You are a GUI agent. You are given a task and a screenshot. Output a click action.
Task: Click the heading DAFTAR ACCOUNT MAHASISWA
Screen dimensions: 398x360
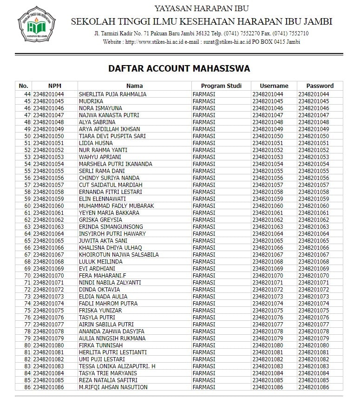(179, 69)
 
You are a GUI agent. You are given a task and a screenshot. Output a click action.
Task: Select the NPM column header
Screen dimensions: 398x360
(54, 86)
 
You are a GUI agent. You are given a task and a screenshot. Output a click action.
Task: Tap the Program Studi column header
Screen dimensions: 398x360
(221, 86)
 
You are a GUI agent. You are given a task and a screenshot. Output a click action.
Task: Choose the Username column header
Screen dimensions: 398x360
(274, 86)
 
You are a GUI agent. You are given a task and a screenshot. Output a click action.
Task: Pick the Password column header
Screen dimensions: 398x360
(320, 86)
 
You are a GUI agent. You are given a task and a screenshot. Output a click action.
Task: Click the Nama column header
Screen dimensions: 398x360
(134, 86)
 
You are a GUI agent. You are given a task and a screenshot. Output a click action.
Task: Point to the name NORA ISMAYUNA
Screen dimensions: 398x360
(100, 108)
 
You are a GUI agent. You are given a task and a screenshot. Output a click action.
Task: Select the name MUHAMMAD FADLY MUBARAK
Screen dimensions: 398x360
(116, 206)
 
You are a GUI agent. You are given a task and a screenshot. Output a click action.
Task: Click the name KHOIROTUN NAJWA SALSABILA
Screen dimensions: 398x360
(118, 255)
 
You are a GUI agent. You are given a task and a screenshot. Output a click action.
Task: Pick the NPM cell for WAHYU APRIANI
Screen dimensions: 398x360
(48, 157)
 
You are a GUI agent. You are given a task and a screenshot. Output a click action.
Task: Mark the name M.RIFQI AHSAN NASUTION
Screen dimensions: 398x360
(113, 387)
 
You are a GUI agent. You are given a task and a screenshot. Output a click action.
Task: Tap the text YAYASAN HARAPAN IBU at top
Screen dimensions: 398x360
(201, 8)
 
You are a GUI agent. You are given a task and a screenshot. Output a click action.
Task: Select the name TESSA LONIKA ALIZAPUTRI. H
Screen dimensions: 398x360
(117, 366)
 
